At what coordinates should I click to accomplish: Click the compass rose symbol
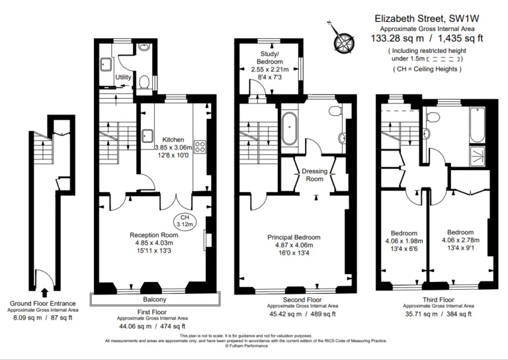[x=343, y=40]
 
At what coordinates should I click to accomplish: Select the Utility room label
[x=123, y=77]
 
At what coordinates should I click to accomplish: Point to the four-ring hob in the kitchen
[x=199, y=148]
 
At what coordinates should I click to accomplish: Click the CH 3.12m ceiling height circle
[x=186, y=221]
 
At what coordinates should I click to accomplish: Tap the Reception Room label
[x=153, y=235]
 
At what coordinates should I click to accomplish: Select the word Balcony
[x=154, y=300]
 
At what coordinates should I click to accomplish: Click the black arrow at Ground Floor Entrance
[x=44, y=291]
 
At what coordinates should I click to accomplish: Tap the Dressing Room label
[x=314, y=175]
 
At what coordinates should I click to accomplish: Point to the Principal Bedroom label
[x=294, y=237]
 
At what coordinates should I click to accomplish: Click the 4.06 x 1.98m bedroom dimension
[x=403, y=241]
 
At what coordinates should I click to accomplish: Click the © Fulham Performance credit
[x=246, y=345]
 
